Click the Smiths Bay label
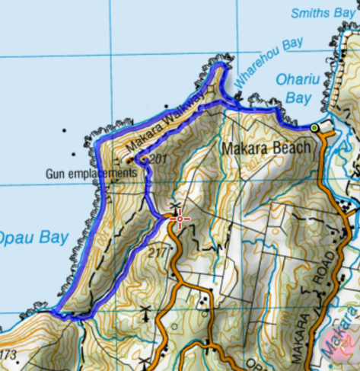324,13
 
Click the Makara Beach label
266,148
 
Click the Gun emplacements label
91,174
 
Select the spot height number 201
158,158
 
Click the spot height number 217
158,252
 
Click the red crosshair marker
180,220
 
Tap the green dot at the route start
314,127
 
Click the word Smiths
308,13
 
